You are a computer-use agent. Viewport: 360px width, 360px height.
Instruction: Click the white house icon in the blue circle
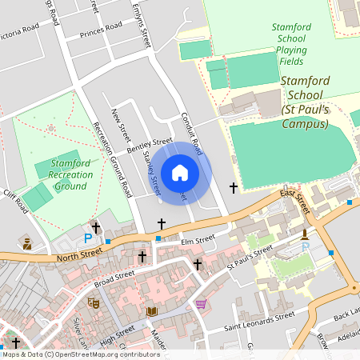click(180, 172)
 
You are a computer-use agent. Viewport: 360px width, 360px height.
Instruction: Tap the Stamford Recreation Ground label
click(71, 174)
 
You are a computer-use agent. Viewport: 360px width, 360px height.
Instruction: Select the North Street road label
click(79, 255)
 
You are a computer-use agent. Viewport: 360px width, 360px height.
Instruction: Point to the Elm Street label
click(198, 238)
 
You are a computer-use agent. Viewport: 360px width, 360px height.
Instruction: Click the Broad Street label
click(114, 278)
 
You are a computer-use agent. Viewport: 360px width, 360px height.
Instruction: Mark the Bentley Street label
click(150, 144)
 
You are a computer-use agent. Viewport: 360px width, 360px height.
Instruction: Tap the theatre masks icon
click(93, 303)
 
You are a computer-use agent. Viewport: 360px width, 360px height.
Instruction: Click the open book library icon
click(152, 310)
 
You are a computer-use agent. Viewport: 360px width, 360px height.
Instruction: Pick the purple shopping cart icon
click(201, 303)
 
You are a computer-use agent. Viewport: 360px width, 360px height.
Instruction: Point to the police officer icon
click(26, 243)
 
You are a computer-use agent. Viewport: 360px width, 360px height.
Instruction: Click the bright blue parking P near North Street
click(88, 238)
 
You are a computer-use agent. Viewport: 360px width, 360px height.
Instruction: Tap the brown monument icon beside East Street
click(305, 234)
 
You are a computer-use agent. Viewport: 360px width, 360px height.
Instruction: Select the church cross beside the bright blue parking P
click(96, 227)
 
